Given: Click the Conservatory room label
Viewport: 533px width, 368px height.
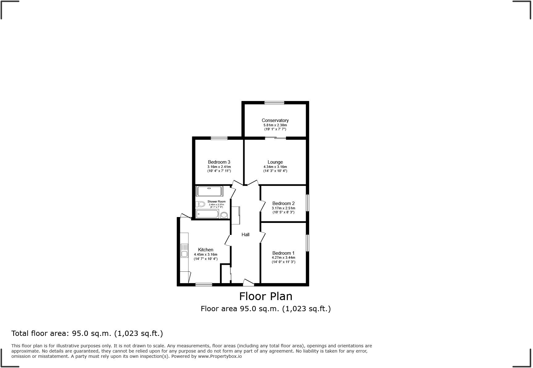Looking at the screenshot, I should tap(275, 120).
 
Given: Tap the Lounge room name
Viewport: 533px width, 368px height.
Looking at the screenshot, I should tap(275, 162).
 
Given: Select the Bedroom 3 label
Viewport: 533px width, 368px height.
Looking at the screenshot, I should tap(219, 162).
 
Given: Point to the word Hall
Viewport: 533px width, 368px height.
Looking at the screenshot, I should tap(246, 235).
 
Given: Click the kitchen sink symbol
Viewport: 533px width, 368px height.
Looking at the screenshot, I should tap(184, 250).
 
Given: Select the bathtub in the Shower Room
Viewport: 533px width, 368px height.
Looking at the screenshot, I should tap(207, 214).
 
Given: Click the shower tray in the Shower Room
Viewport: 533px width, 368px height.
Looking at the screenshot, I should tap(209, 191).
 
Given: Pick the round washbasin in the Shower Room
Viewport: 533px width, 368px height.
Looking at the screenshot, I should tap(224, 215).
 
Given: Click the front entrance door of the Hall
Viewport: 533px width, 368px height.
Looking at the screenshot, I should tap(248, 282).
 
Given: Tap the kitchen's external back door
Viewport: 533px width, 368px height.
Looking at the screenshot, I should tap(185, 216).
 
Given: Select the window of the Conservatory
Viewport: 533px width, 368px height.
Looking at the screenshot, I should tap(274, 103).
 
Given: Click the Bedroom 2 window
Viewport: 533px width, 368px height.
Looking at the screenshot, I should tap(308, 203).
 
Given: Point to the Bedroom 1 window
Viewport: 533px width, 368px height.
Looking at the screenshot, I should tap(308, 243).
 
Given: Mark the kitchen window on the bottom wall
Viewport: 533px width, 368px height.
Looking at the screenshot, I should tap(204, 284).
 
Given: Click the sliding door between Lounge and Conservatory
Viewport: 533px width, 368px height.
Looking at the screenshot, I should tap(275, 138).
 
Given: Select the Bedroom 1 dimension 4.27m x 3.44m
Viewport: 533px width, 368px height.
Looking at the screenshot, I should tap(283, 257).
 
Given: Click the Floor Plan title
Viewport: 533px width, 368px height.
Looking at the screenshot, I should tap(266, 296).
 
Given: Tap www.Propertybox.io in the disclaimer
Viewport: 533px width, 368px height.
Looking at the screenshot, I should tap(220, 356).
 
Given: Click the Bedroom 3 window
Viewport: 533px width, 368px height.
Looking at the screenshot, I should tap(219, 138).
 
